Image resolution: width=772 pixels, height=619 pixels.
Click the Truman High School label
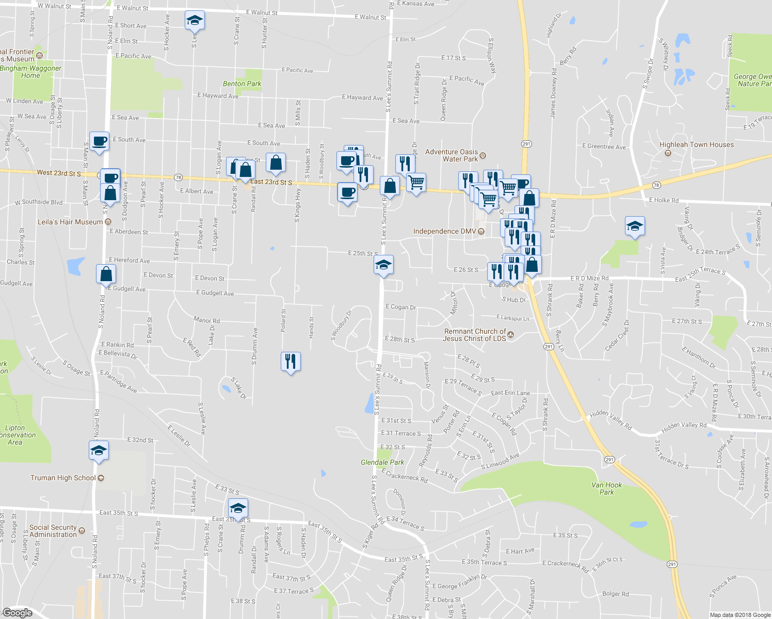tap(63, 478)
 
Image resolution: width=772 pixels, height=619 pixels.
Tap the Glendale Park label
tap(382, 462)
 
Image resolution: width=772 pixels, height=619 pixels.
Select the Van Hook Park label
tap(606, 488)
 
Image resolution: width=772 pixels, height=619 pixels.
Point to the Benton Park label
tap(242, 84)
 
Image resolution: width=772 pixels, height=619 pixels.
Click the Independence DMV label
tap(444, 231)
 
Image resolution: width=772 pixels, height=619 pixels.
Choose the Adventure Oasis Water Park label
tap(452, 155)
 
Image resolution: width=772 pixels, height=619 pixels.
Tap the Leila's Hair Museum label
tap(70, 222)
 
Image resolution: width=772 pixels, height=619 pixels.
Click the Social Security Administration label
tap(53, 531)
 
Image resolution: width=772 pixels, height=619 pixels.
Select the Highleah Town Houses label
tap(696, 144)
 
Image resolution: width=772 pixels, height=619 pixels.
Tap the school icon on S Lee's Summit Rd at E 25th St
tap(383, 265)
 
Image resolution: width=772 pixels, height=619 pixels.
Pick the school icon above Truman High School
tap(99, 450)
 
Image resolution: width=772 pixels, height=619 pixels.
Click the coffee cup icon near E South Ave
tap(100, 140)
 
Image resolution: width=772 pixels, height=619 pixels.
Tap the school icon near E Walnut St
tap(195, 20)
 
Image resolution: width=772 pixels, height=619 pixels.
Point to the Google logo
tap(18, 613)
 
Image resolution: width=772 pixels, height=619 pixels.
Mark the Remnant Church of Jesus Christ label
tap(475, 335)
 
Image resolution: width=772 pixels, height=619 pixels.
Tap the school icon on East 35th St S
tap(238, 508)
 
